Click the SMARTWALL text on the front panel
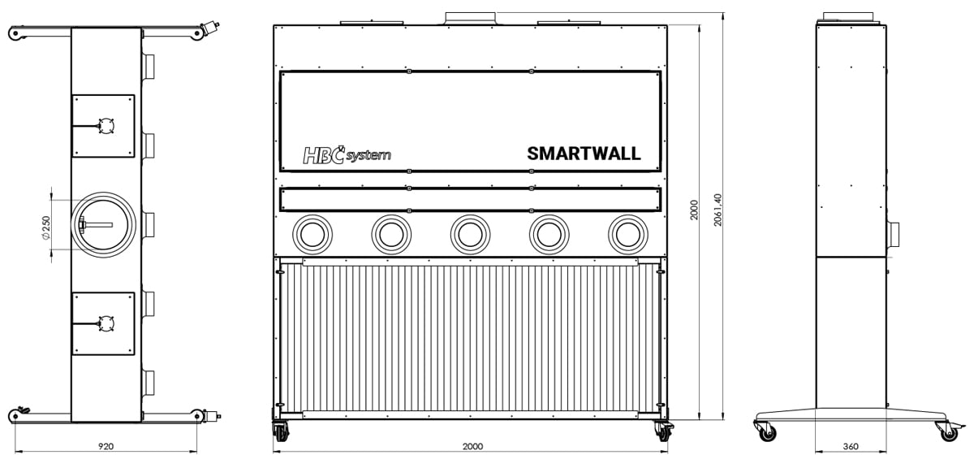click(584, 154)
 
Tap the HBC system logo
click(347, 154)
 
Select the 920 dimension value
click(106, 446)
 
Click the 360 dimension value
click(851, 446)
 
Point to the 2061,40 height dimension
click(718, 210)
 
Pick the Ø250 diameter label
click(46, 227)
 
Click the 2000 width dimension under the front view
click(472, 446)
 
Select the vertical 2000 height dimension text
click(694, 210)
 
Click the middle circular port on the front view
click(470, 234)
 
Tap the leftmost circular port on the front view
click(312, 234)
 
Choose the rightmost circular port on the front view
click(628, 234)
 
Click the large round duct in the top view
click(104, 224)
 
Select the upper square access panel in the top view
click(104, 126)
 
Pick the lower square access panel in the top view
click(104, 323)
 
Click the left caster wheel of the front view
click(281, 431)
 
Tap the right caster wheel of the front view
click(664, 431)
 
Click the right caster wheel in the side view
click(951, 431)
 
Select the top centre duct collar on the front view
click(470, 19)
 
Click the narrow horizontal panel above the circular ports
click(470, 200)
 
